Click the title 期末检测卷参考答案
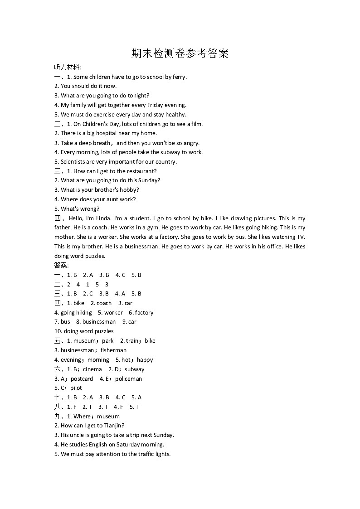(180, 53)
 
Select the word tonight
(137, 96)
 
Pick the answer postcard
(82, 379)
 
